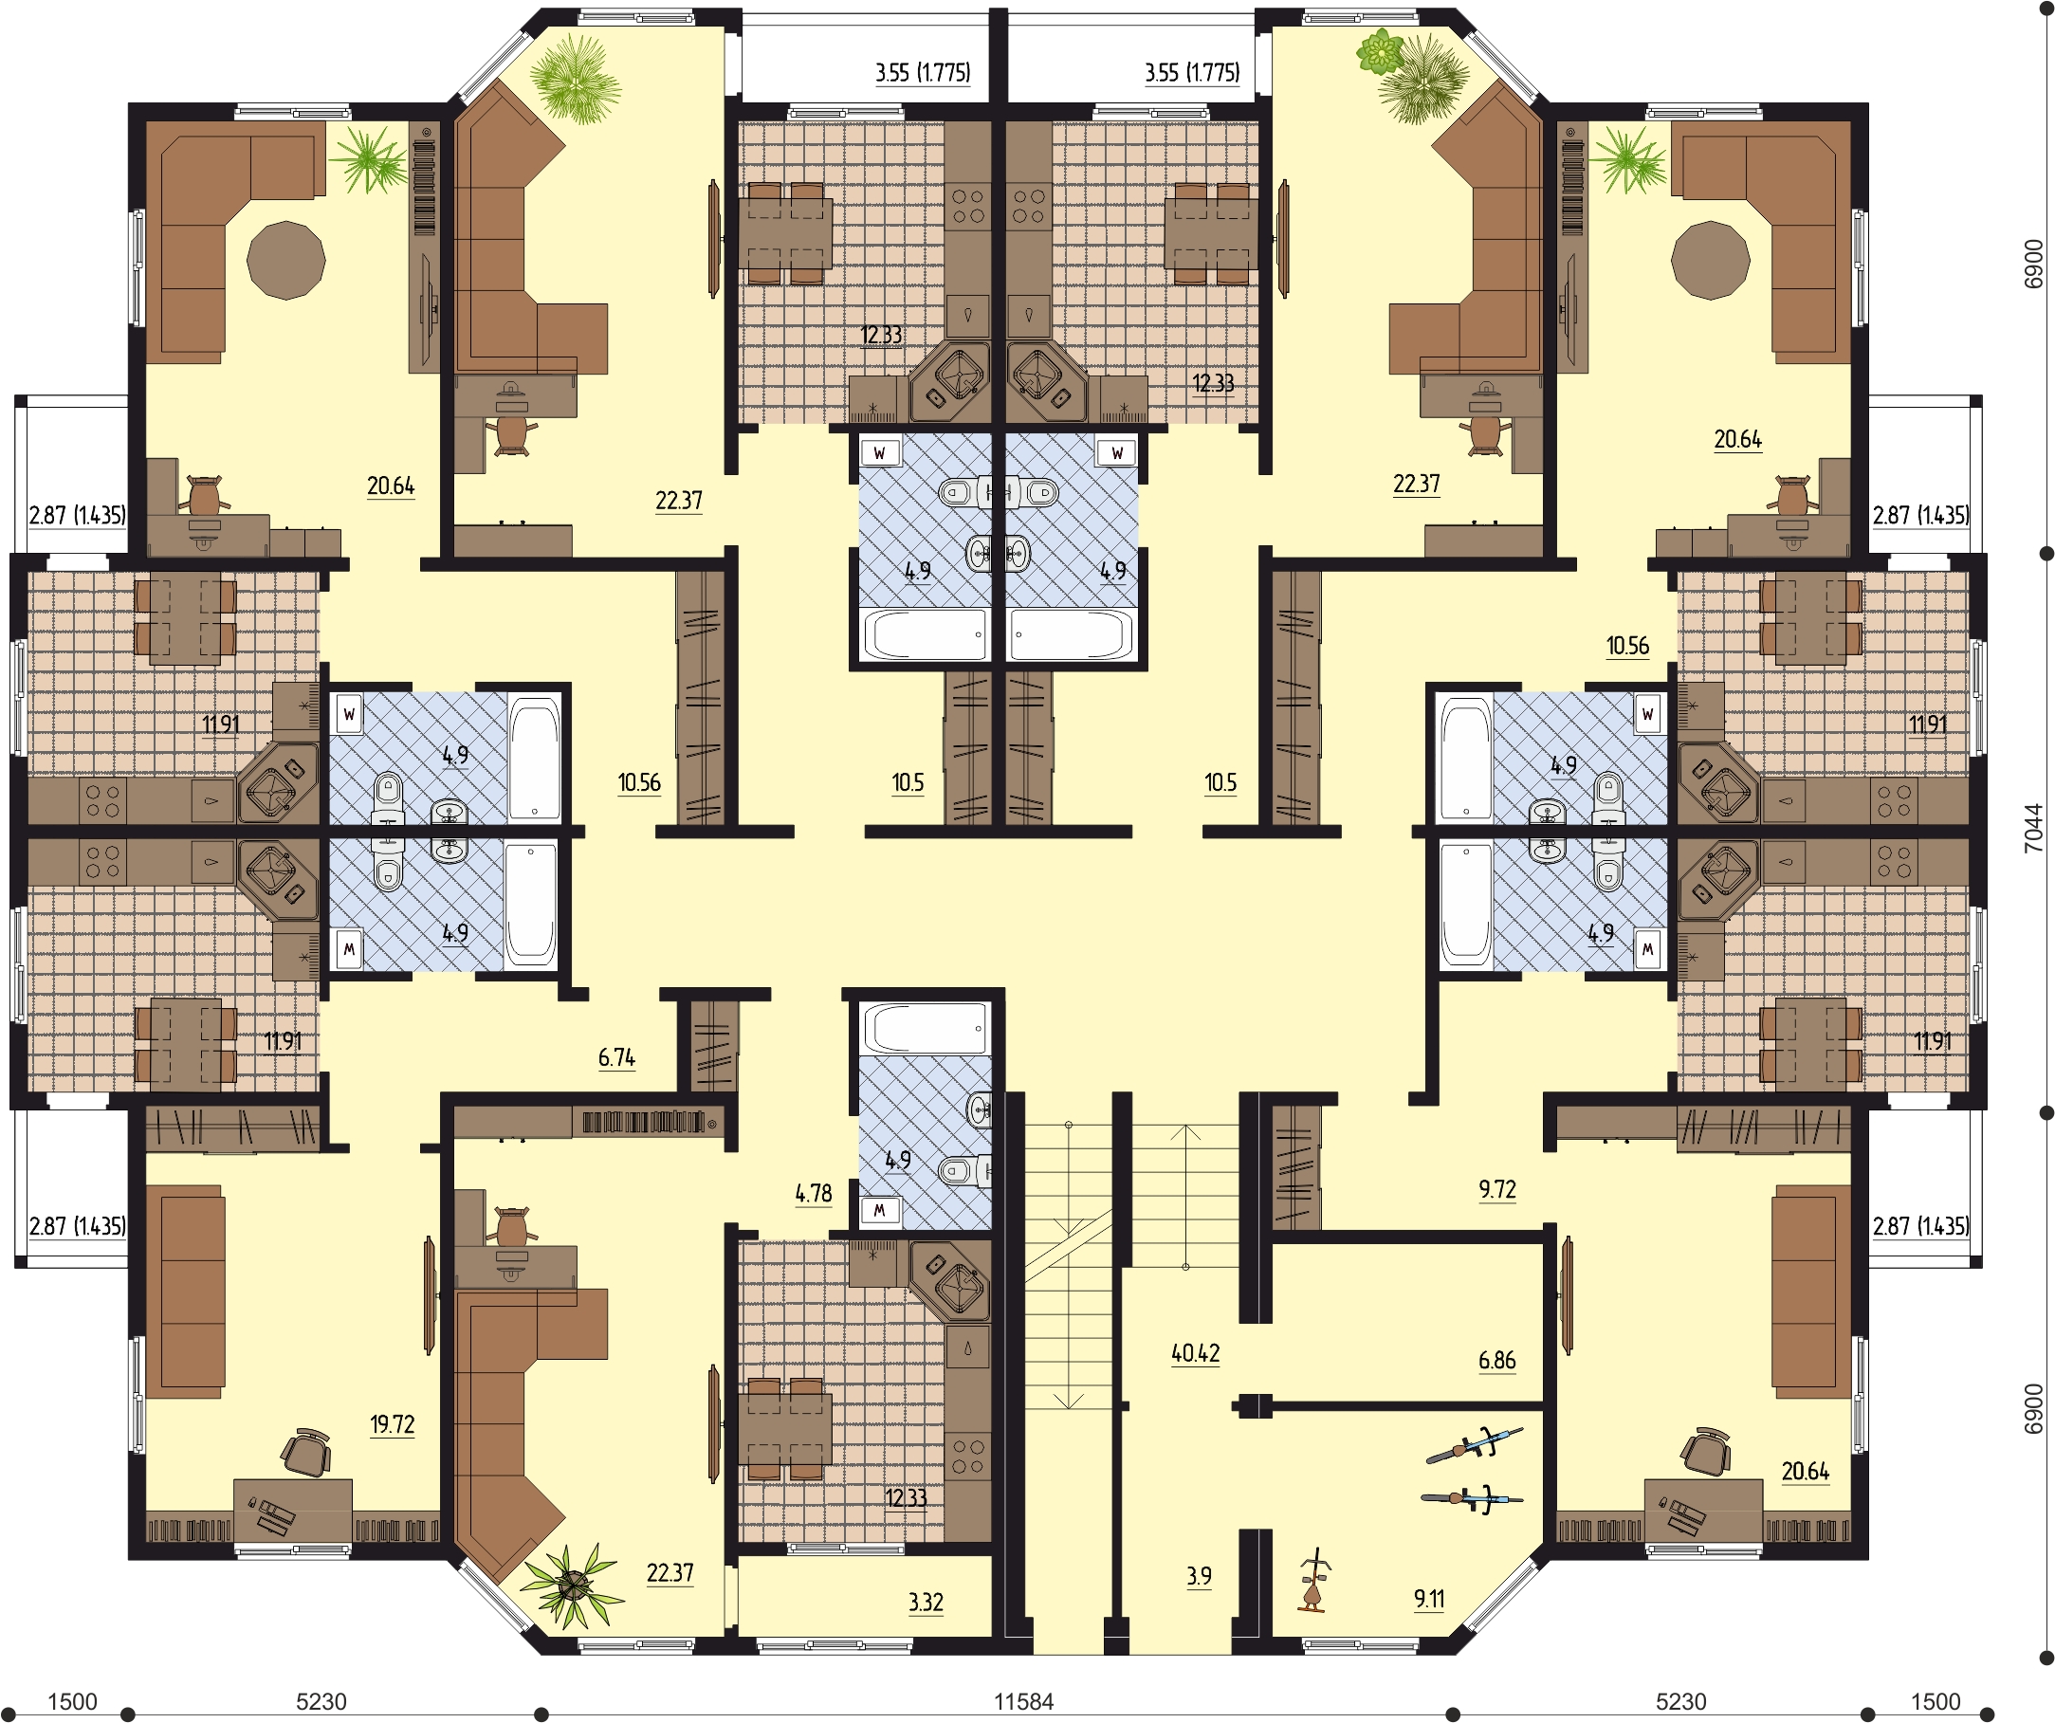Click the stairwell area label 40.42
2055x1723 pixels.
coord(1195,1353)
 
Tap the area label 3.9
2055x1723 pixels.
coord(1199,1576)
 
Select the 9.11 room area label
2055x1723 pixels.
coord(1429,1599)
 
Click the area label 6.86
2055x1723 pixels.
coord(1496,1360)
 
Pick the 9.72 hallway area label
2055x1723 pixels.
coord(1497,1189)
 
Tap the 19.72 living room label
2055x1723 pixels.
coord(392,1423)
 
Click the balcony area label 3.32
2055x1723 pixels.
coord(925,1603)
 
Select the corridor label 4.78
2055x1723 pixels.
coord(814,1194)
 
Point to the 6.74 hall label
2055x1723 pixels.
coord(616,1057)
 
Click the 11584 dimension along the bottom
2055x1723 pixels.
coord(1023,1701)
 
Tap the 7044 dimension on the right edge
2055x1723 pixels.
coord(2033,828)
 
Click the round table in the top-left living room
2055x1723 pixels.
coord(285,259)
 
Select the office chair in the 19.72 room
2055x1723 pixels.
coord(306,1452)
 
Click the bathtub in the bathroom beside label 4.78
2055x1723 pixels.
coord(925,1028)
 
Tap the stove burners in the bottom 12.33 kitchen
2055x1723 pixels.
coord(968,1456)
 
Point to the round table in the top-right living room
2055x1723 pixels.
coord(1710,259)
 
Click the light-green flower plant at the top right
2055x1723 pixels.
coord(1381,51)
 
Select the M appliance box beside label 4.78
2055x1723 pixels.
coord(879,1210)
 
